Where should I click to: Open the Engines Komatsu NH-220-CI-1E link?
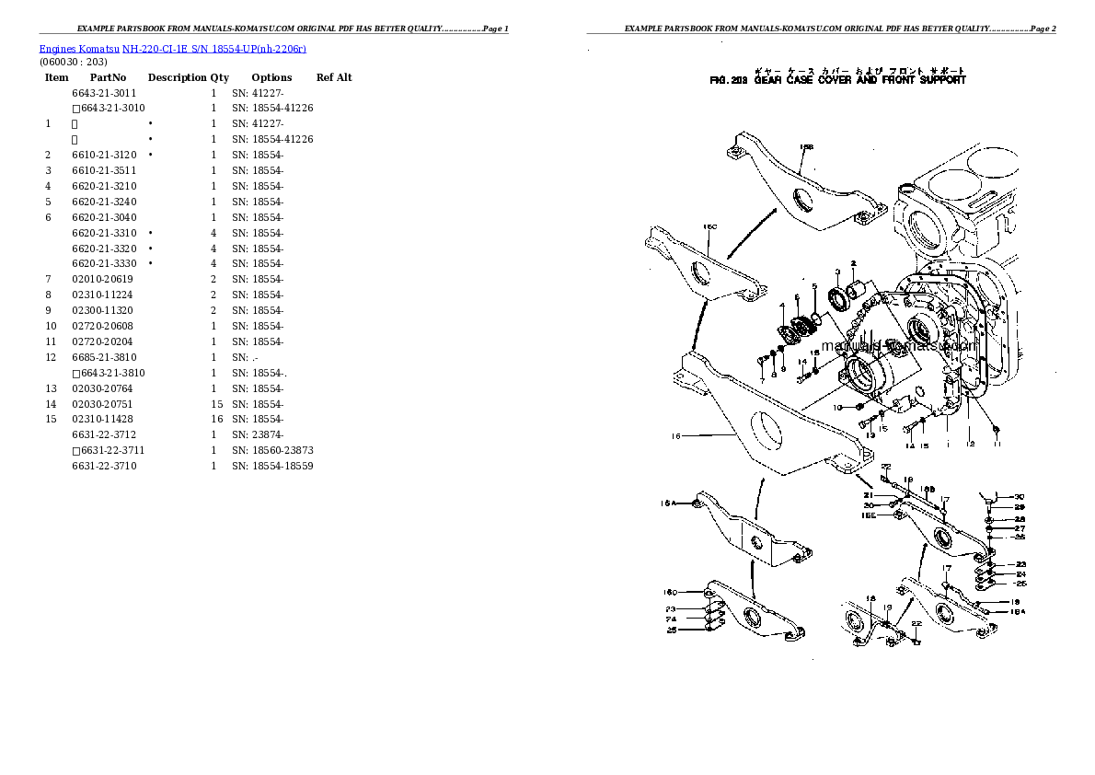pos(173,48)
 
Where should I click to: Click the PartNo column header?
pos(109,77)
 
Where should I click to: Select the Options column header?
pos(271,77)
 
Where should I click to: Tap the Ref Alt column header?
pos(334,77)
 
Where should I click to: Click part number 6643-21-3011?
pos(104,93)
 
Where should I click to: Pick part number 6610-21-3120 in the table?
pos(104,155)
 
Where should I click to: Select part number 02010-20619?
pos(103,279)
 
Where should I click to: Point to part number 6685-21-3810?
pos(104,357)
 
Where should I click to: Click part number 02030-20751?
pos(103,404)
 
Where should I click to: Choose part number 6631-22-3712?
pos(104,434)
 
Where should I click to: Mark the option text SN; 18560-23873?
pos(272,450)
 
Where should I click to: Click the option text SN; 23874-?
pos(258,434)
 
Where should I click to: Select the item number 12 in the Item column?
pos(51,357)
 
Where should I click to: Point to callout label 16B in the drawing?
pos(806,147)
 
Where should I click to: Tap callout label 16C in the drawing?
pos(709,226)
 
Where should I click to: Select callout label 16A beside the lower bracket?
pos(668,503)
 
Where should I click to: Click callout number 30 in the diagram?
pos(1019,496)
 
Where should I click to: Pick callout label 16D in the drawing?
pos(669,592)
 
